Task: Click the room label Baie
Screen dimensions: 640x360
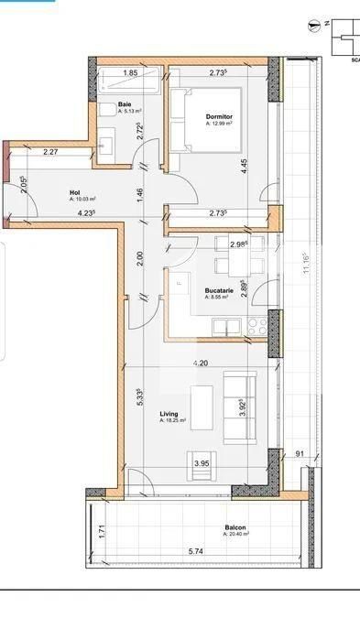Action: (x=124, y=104)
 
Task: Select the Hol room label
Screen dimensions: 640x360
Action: (x=75, y=192)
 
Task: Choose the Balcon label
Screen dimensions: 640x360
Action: (x=236, y=528)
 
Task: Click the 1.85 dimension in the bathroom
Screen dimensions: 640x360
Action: (x=130, y=72)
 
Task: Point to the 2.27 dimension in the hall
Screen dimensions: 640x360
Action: (x=50, y=152)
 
